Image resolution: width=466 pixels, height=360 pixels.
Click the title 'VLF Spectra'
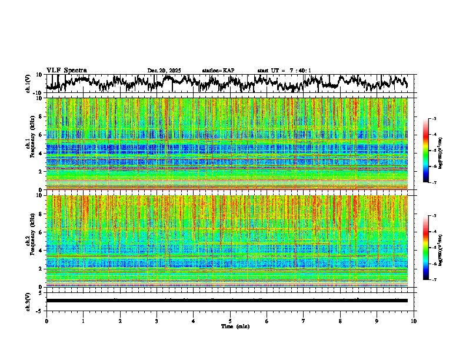[x=66, y=70]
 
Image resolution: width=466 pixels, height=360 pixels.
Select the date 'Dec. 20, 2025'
[x=164, y=71]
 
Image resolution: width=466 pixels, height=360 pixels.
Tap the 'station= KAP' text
[x=218, y=71]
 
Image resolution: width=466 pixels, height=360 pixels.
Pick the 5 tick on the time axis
[x=230, y=321]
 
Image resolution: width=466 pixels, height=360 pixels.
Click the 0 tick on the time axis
[x=46, y=321]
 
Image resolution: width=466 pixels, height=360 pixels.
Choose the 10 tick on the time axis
[x=414, y=321]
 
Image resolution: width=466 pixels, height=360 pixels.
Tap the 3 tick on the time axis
[x=157, y=321]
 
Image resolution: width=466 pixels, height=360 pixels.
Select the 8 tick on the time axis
[x=340, y=321]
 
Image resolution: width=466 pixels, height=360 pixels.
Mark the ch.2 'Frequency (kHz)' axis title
[x=32, y=241]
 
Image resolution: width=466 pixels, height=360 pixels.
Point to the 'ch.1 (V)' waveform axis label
[x=28, y=84]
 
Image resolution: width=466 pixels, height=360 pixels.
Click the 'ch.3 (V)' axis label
[x=28, y=301]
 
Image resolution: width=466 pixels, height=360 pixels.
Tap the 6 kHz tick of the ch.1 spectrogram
[x=41, y=135]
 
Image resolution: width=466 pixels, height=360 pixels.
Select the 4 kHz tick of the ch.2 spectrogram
[x=41, y=251]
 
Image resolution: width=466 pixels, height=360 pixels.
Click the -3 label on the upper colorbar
[x=434, y=119]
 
